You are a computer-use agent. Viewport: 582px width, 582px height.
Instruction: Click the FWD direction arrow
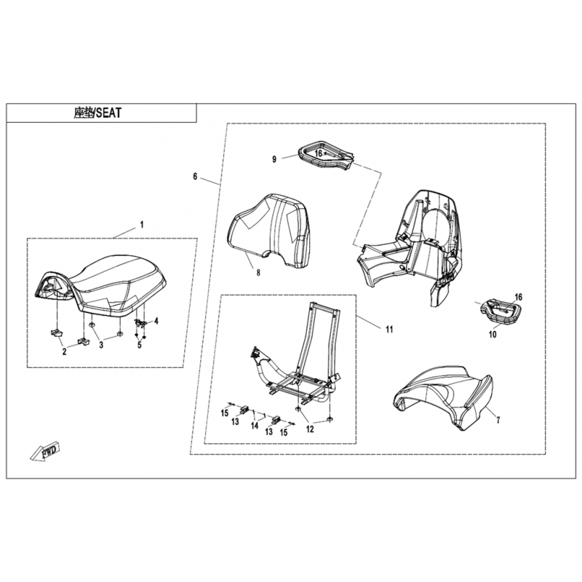click(x=45, y=450)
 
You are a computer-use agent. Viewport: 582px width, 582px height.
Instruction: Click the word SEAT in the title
click(x=108, y=113)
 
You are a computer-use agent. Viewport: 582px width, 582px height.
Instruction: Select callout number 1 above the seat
click(x=141, y=225)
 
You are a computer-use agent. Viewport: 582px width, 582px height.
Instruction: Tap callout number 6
click(x=195, y=176)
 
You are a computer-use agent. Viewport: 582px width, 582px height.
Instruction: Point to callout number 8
click(x=258, y=273)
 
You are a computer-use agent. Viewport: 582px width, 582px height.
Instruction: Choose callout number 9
click(x=274, y=159)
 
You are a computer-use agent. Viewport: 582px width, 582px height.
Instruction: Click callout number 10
click(x=493, y=335)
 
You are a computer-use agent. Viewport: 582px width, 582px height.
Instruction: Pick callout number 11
click(x=389, y=329)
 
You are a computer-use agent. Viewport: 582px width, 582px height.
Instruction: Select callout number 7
click(x=498, y=420)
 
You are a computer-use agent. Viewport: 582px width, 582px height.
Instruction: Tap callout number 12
click(x=310, y=429)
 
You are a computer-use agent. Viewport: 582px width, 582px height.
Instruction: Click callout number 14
click(x=254, y=426)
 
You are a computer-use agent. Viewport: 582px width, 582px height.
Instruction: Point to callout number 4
click(x=156, y=321)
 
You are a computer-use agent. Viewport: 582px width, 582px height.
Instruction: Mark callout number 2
click(x=64, y=352)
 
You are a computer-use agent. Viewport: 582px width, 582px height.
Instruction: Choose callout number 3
click(x=101, y=345)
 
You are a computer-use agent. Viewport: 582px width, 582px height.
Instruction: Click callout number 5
click(x=140, y=345)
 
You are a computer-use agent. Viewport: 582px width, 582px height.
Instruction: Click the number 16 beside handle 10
click(x=518, y=297)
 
